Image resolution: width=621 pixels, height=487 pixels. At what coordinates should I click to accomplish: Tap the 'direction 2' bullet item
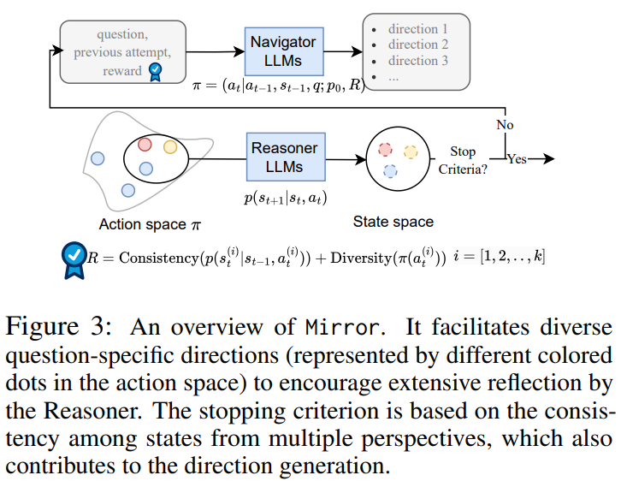click(x=417, y=45)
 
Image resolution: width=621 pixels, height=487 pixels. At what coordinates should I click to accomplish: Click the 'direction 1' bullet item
click(x=417, y=28)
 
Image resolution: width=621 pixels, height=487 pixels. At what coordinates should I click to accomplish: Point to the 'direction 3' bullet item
click(x=417, y=61)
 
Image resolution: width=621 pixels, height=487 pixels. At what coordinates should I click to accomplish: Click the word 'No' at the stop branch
click(x=506, y=125)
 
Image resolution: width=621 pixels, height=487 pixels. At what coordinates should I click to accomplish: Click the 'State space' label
click(x=393, y=222)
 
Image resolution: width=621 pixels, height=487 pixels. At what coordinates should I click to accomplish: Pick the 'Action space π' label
click(x=150, y=224)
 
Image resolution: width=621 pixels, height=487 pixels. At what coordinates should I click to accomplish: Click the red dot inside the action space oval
click(x=145, y=145)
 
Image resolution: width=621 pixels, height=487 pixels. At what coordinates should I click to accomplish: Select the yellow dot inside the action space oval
click(x=170, y=146)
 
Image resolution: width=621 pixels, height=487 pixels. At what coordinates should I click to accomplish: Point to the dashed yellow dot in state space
click(x=411, y=151)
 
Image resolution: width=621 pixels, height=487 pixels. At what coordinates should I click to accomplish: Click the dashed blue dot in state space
click(x=391, y=170)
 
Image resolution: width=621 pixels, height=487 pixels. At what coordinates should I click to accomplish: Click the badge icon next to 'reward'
click(x=156, y=71)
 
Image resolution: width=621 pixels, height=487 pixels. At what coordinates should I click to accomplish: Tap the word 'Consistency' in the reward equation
click(x=158, y=258)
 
